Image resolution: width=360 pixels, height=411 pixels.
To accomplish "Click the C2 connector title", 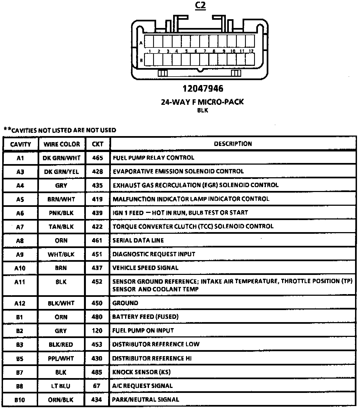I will [200, 5].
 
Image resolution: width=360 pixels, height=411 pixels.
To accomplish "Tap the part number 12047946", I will [203, 89].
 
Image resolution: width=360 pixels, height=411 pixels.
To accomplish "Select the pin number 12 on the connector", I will [251, 51].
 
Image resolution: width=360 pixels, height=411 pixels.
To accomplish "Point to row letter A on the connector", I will [141, 43].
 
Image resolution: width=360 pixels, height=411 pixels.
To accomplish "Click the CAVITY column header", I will [21, 144].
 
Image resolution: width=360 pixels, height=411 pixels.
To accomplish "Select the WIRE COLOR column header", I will [62, 144].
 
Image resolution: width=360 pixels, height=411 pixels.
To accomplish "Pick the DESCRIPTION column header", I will [233, 144].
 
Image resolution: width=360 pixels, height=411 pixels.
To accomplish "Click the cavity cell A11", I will [20, 282].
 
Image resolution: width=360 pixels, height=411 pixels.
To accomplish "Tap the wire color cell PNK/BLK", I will [61, 213].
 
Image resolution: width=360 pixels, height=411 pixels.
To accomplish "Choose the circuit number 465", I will [97, 158].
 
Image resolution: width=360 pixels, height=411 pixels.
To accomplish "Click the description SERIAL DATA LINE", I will [138, 240].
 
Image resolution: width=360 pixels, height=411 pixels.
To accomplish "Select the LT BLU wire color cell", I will [61, 386].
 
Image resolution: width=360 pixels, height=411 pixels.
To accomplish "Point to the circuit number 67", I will [97, 386].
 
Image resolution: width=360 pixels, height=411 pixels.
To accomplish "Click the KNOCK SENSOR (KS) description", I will [141, 372].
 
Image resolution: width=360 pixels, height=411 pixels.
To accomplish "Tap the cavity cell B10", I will [20, 400].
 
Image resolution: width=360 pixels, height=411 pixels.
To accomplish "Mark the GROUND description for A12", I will [125, 303].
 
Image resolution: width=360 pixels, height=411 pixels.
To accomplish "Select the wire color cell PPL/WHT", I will [61, 358].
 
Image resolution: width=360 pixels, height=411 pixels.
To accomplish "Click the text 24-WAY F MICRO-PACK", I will [202, 102].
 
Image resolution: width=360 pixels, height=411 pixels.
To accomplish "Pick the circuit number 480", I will [97, 317].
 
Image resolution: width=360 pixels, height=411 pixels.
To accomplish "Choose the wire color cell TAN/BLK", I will [61, 227].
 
